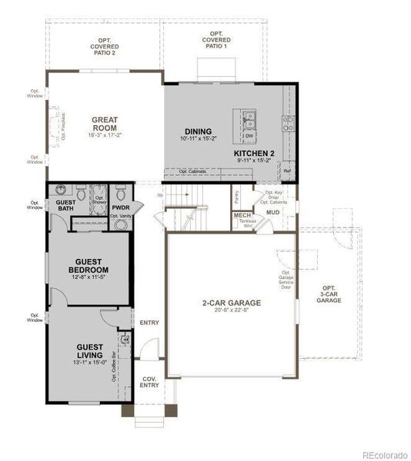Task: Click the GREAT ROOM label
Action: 104,124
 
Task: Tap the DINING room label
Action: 198,131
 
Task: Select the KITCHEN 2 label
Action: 254,153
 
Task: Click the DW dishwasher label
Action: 249,136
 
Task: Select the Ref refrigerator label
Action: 287,171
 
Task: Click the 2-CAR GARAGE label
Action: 231,303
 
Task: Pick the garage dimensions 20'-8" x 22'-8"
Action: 231,311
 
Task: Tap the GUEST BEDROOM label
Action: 88,266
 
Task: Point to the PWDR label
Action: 120,207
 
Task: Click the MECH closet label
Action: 242,215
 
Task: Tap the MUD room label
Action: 272,211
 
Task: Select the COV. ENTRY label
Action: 149,382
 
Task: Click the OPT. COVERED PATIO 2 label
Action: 104,47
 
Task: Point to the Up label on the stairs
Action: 160,195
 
